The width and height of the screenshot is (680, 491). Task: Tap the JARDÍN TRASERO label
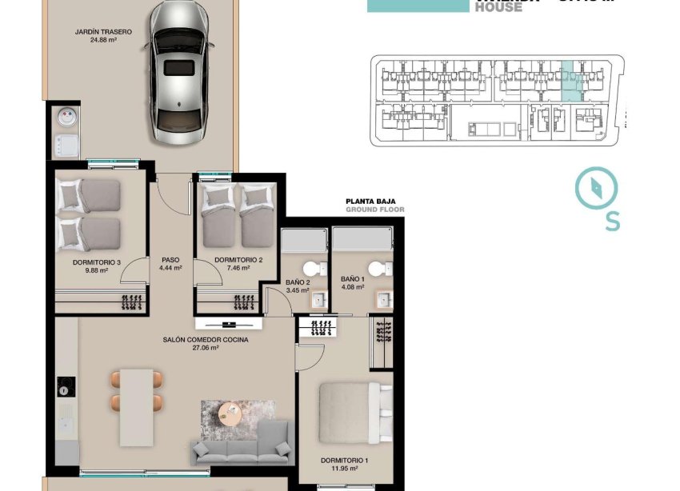click(103, 37)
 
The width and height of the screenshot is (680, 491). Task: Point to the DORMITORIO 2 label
click(238, 264)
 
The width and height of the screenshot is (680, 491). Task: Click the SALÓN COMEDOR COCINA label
click(205, 344)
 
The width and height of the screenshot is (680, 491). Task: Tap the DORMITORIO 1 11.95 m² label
click(344, 465)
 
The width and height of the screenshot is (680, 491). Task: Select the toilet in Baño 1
click(374, 269)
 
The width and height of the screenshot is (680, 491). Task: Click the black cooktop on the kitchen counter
click(65, 389)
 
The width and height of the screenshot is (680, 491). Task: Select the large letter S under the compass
click(612, 220)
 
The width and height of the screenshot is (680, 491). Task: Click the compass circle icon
click(597, 187)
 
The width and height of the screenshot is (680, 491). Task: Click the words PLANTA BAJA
click(367, 202)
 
